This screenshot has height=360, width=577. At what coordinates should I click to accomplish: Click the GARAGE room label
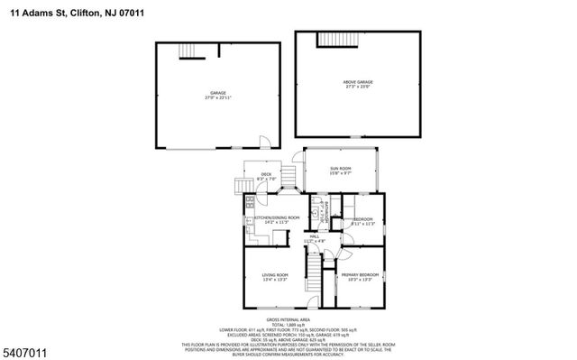click(217, 92)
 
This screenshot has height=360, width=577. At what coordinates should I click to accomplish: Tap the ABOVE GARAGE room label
click(357, 81)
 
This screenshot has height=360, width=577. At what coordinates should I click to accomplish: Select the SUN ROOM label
click(342, 168)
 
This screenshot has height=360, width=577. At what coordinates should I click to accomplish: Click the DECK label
click(266, 174)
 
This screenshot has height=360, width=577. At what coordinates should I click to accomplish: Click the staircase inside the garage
click(188, 50)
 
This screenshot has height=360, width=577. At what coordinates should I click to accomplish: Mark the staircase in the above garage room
click(334, 39)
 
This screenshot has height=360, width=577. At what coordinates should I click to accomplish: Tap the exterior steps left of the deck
click(242, 186)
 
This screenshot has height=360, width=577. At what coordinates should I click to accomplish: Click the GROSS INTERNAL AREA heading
click(288, 319)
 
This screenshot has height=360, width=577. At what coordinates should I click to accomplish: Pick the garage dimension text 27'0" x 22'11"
click(217, 97)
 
